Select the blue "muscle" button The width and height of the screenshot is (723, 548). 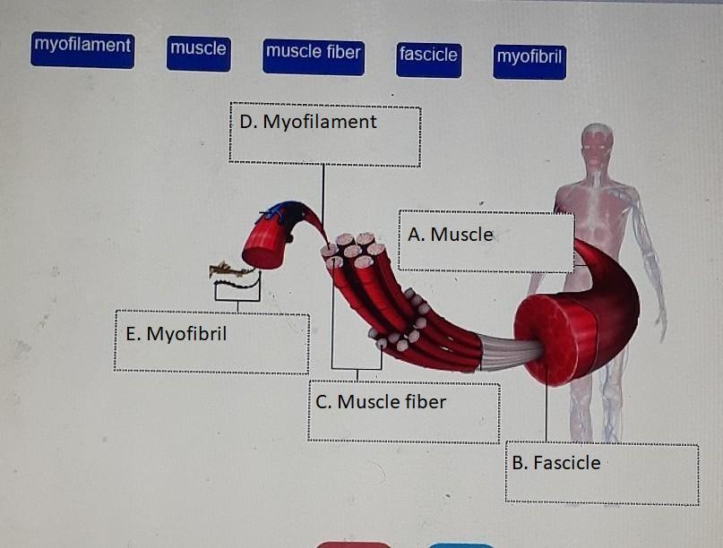click(198, 52)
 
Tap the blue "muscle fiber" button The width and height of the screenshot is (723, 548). click(313, 55)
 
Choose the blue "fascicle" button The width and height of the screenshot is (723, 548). click(428, 56)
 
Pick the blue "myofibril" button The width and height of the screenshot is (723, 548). click(529, 59)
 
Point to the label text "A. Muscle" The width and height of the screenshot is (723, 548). click(450, 235)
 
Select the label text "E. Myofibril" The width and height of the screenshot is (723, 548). click(176, 334)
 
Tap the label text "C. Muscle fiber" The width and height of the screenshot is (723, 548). click(381, 402)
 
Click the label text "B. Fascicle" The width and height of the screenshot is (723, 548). click(556, 463)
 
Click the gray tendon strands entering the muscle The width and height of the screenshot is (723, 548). click(510, 352)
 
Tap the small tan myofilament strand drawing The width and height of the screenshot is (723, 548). click(231, 269)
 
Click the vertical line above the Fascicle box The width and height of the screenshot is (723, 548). click(546, 412)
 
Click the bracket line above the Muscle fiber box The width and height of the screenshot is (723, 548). click(357, 368)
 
